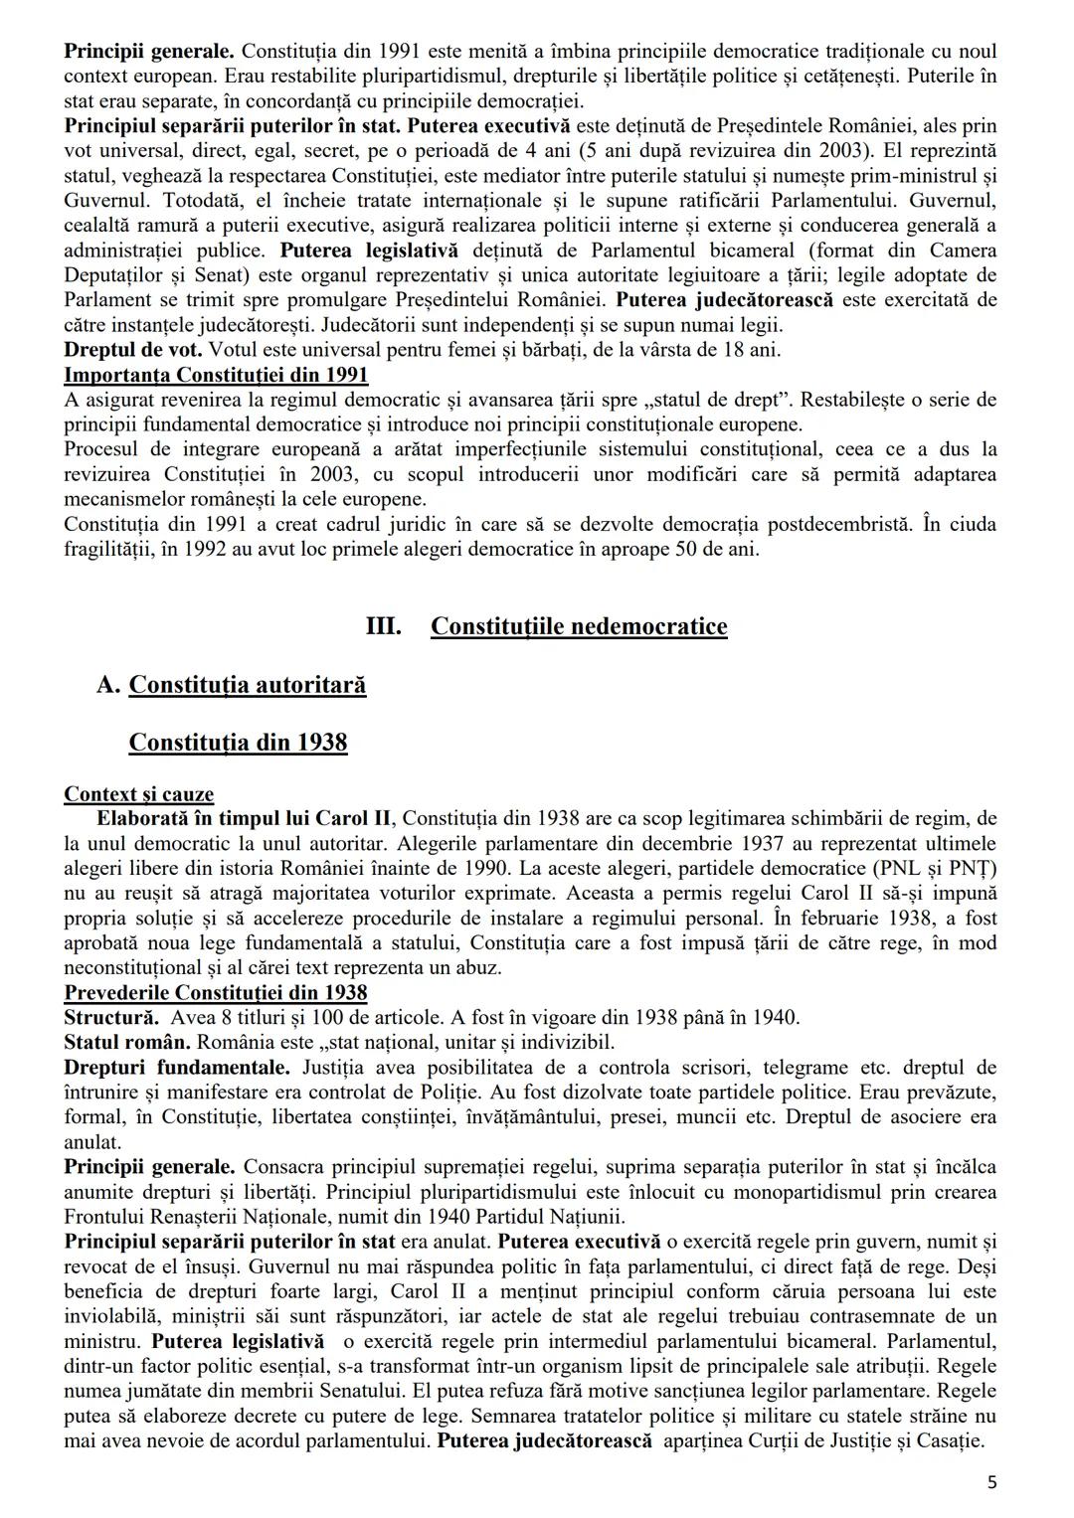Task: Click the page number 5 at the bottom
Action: click(x=991, y=1483)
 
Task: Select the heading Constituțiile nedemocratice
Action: click(x=579, y=626)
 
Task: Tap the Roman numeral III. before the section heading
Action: click(x=384, y=626)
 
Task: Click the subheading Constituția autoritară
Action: click(x=248, y=685)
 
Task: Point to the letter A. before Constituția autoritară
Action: click(x=108, y=685)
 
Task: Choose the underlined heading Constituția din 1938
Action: click(x=238, y=743)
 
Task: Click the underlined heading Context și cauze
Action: click(x=138, y=794)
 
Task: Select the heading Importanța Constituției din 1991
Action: click(x=216, y=375)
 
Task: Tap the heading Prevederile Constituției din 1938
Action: click(x=216, y=993)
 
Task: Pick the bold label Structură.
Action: click(x=110, y=1018)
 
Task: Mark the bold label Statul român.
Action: click(x=127, y=1043)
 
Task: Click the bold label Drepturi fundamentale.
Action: click(x=177, y=1068)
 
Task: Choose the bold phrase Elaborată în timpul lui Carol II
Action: click(x=246, y=819)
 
